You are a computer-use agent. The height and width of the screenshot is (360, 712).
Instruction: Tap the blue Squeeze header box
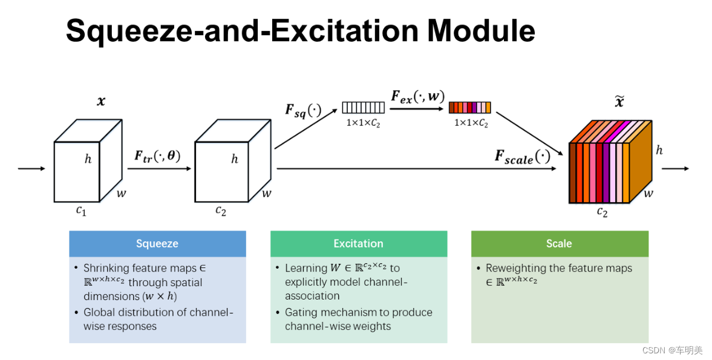pyautogui.click(x=157, y=243)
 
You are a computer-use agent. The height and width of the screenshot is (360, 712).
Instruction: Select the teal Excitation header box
pyautogui.click(x=358, y=243)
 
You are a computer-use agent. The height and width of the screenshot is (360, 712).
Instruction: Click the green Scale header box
pyautogui.click(x=559, y=243)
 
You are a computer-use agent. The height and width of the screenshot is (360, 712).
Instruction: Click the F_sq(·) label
pyautogui.click(x=303, y=110)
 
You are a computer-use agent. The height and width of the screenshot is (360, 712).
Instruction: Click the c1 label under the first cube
pyautogui.click(x=82, y=210)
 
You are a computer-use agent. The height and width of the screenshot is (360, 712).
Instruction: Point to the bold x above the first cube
pyautogui.click(x=100, y=102)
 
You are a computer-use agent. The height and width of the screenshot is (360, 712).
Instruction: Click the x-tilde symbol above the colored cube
pyautogui.click(x=619, y=102)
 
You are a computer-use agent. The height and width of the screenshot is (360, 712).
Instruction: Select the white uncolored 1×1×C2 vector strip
pyautogui.click(x=363, y=108)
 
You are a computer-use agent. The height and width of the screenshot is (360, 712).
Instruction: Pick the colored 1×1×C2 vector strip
pyautogui.click(x=469, y=108)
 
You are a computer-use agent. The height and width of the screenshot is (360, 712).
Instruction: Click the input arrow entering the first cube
pyautogui.click(x=31, y=168)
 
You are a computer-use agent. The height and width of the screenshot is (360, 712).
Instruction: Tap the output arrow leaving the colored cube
pyautogui.click(x=675, y=168)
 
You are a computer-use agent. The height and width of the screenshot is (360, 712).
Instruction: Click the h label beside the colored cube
pyautogui.click(x=659, y=150)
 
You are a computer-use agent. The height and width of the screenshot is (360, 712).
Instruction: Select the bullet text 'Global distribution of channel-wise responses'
pyautogui.click(x=157, y=319)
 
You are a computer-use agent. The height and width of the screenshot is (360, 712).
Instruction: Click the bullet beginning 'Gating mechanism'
pyautogui.click(x=358, y=319)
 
